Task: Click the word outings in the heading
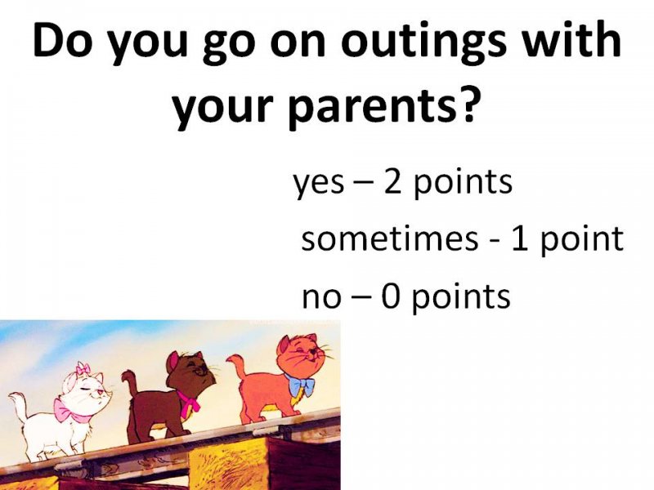[x=423, y=42]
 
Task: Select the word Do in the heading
[x=62, y=42]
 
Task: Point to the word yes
[x=319, y=184]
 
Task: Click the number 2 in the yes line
[x=392, y=181]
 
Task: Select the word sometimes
[x=390, y=238]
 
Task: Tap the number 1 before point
[x=520, y=238]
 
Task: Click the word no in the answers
[x=320, y=297]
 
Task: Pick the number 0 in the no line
[x=391, y=296]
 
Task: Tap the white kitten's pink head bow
[x=83, y=369]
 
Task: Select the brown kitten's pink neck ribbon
[x=189, y=401]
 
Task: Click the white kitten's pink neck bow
[x=72, y=411]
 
